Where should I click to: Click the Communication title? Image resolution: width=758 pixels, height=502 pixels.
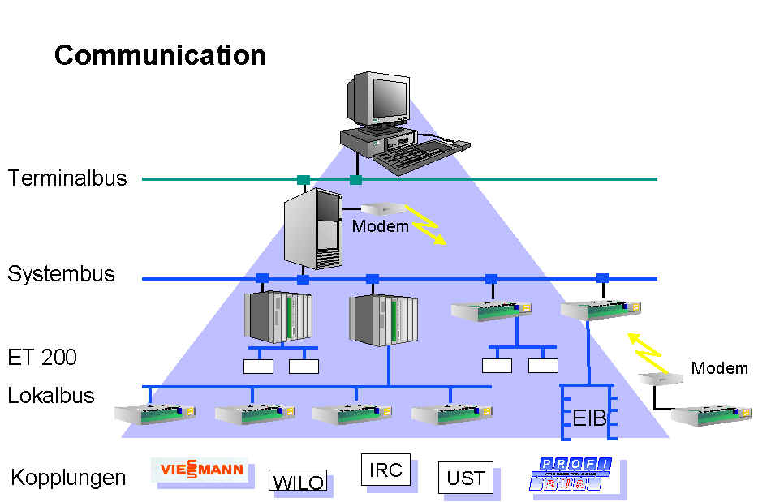[160, 55]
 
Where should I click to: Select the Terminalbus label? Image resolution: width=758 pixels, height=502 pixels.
[67, 178]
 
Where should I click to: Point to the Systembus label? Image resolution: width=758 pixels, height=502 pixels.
[62, 274]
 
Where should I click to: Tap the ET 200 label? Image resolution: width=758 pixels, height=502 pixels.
[42, 357]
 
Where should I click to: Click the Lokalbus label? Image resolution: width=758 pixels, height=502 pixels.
[51, 396]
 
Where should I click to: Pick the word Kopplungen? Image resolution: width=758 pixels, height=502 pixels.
[68, 478]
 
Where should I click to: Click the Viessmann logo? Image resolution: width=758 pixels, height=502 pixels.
[200, 470]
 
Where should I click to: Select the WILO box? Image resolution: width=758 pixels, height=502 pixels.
[298, 482]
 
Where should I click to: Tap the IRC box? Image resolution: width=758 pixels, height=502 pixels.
[385, 470]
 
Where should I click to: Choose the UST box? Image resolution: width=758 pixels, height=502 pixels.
[466, 478]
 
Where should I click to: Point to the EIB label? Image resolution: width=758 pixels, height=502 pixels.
[590, 419]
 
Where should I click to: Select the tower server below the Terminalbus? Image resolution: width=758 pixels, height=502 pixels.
[312, 229]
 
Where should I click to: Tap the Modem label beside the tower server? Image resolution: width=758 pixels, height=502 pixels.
[380, 227]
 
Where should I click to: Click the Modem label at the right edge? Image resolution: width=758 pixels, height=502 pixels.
[719, 368]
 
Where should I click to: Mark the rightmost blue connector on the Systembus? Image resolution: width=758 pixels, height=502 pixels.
[603, 278]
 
